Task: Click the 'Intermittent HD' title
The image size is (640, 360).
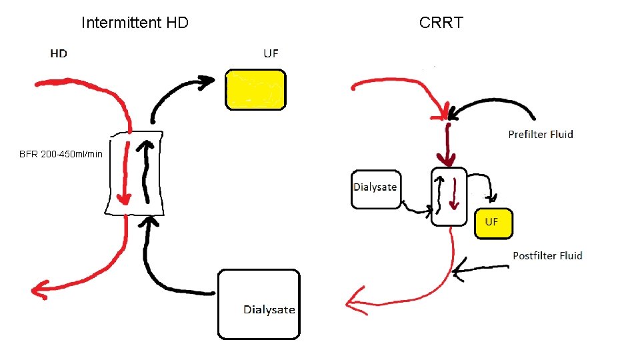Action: pyautogui.click(x=135, y=23)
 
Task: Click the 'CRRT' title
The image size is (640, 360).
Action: pyautogui.click(x=441, y=23)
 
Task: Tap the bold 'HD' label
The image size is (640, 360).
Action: pyautogui.click(x=59, y=53)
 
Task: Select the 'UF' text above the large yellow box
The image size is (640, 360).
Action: pyautogui.click(x=271, y=53)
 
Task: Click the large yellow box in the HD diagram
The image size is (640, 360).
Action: pyautogui.click(x=255, y=89)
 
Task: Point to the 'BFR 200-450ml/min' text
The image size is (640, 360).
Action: pyautogui.click(x=61, y=154)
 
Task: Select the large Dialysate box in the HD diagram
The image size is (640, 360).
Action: pyautogui.click(x=259, y=304)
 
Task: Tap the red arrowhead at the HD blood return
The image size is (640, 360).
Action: pyautogui.click(x=40, y=289)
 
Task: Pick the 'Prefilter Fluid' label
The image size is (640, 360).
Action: pyautogui.click(x=541, y=135)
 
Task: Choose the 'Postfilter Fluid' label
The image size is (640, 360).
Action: pyautogui.click(x=547, y=255)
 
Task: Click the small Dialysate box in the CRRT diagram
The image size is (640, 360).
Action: pyautogui.click(x=376, y=189)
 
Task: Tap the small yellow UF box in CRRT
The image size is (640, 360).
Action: pyautogui.click(x=493, y=223)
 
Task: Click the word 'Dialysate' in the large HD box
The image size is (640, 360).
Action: pyautogui.click(x=269, y=309)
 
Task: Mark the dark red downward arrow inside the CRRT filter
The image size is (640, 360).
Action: pyautogui.click(x=455, y=193)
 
